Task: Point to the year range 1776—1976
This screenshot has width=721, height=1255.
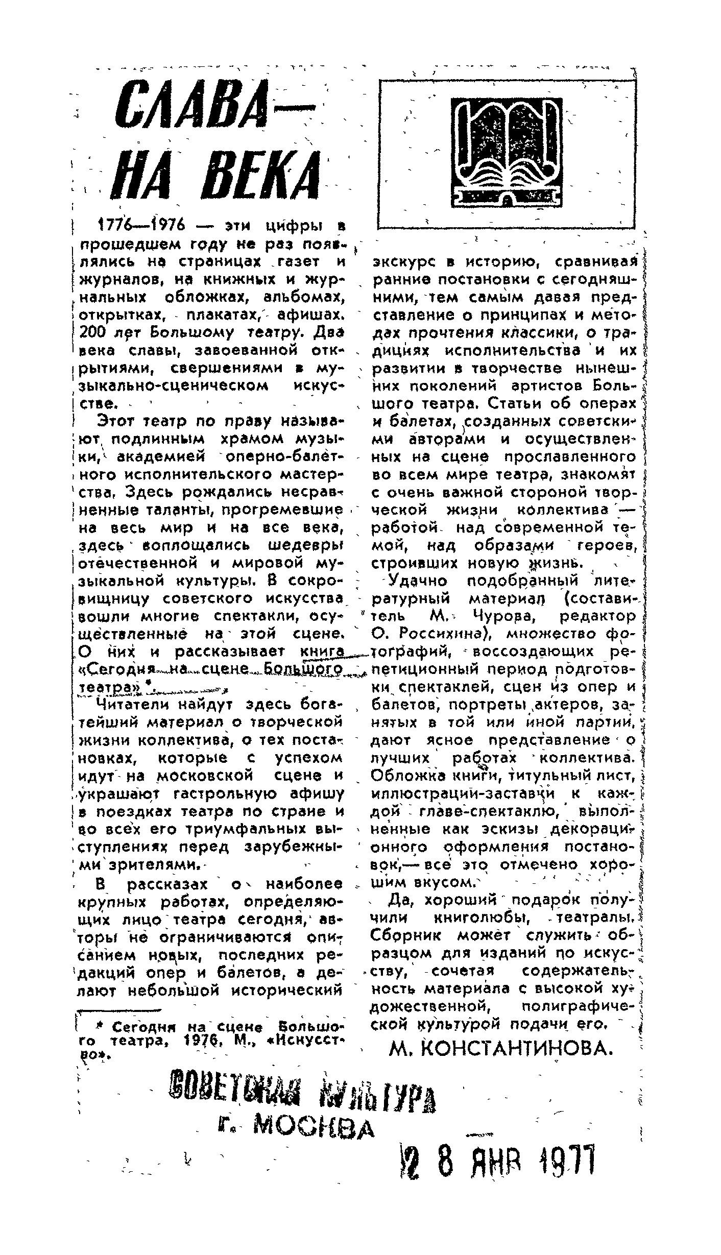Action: click(141, 226)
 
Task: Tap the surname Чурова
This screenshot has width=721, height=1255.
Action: click(504, 616)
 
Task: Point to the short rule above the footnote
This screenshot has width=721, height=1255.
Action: click(118, 1009)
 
